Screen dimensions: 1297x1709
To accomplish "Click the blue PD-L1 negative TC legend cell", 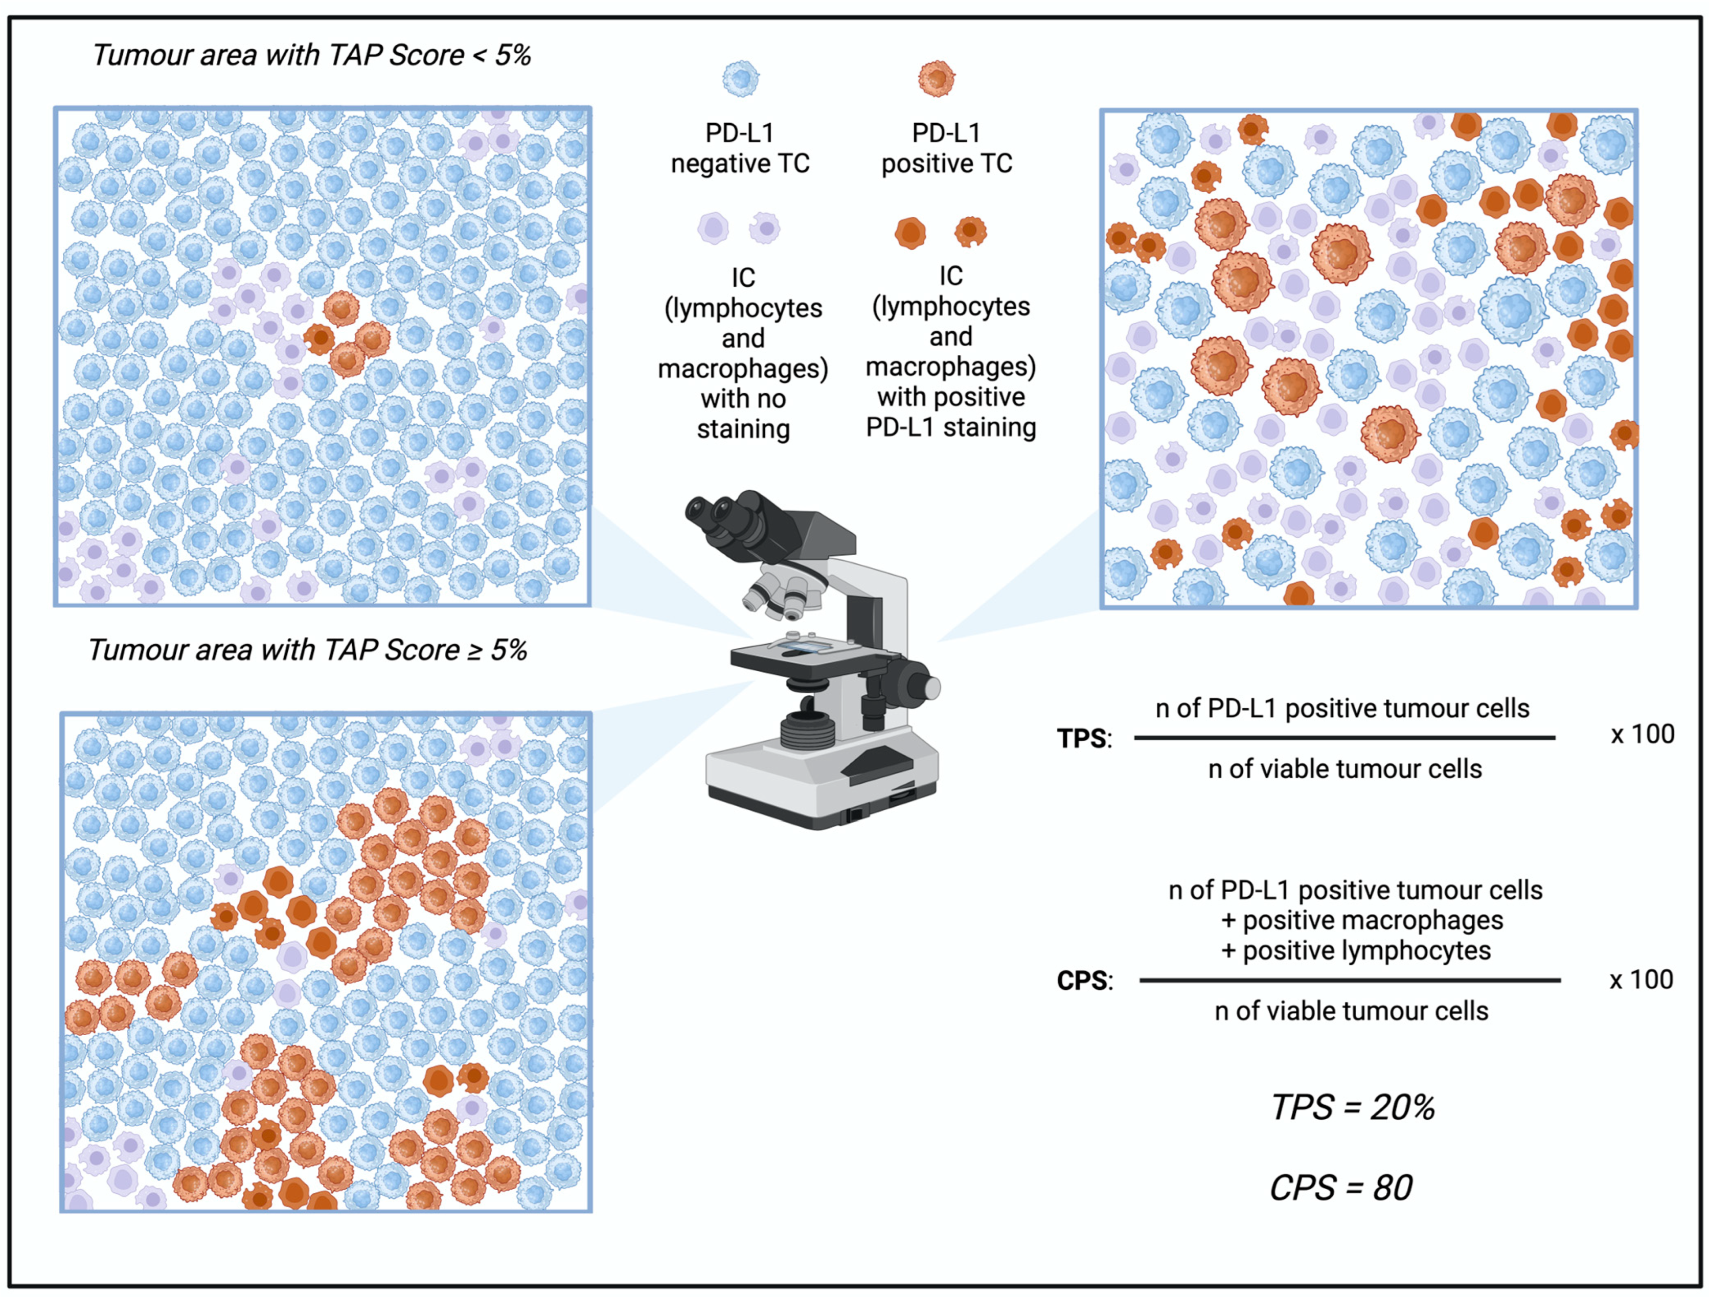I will click(x=741, y=79).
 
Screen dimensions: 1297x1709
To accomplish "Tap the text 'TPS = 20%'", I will click(x=1352, y=1107).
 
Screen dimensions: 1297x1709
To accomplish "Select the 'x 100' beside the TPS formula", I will click(x=1642, y=734).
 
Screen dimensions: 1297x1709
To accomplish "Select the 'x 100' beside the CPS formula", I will click(x=1641, y=980).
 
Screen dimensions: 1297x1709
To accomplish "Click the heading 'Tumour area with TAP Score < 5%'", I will click(x=311, y=55).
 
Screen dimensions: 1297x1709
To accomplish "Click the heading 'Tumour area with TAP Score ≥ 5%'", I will click(x=307, y=650).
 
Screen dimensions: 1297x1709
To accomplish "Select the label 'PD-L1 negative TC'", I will click(x=740, y=148).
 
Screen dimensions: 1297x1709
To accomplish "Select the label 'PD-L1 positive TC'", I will click(x=946, y=148).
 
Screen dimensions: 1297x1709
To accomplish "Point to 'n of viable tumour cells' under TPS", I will click(x=1345, y=768).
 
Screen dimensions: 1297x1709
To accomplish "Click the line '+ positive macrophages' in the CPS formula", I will click(x=1361, y=920).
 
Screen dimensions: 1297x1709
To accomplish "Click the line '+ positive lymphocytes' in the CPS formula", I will click(x=1355, y=950).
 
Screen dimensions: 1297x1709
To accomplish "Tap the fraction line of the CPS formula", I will click(x=1350, y=980).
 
